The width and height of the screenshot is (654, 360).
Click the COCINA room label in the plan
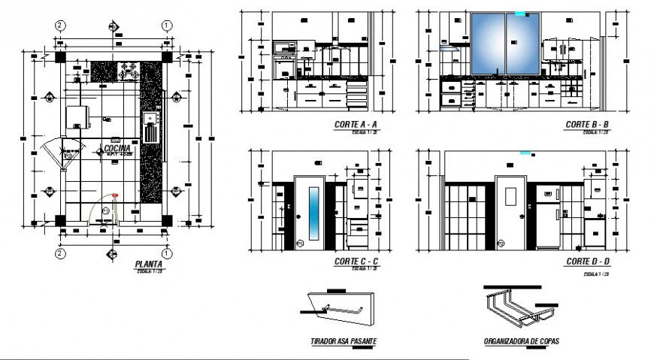click(x=118, y=149)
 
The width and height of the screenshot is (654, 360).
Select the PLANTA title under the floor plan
click(x=148, y=265)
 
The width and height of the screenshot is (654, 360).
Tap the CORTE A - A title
click(x=353, y=125)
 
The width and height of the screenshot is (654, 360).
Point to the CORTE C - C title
click(x=353, y=262)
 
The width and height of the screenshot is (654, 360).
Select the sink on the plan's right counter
click(x=150, y=120)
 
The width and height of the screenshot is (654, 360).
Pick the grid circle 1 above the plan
click(x=165, y=25)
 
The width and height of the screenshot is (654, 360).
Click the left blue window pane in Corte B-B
click(x=489, y=44)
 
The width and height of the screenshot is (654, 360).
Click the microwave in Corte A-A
click(x=284, y=49)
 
